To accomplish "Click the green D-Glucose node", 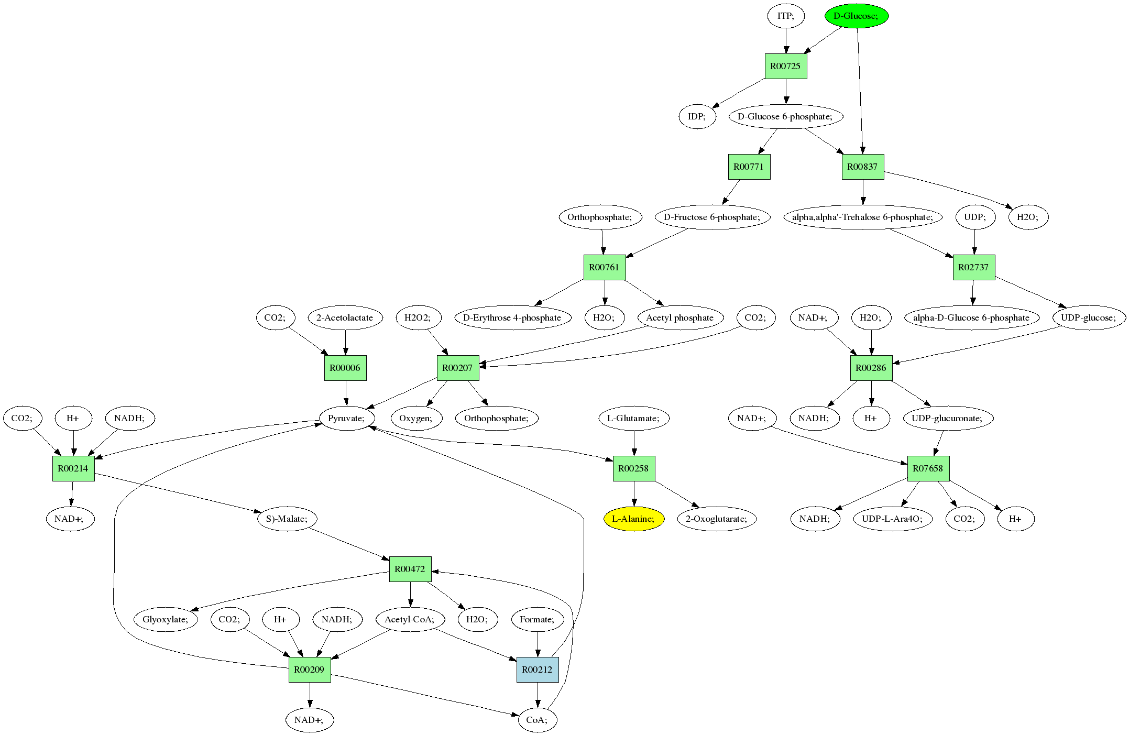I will [857, 16].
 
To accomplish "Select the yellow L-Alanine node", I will [634, 519].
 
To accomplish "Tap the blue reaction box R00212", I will [538, 670].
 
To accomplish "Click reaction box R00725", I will [786, 67].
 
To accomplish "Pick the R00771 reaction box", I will [749, 167].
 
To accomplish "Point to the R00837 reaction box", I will [863, 167].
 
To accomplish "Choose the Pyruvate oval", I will [347, 419].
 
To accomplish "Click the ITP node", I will [786, 16].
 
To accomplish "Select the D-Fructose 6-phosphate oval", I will [713, 217].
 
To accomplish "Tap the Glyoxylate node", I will [166, 620].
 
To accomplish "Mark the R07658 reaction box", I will [928, 468].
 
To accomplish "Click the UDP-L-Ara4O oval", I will [893, 519].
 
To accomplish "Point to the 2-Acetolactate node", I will [345, 318].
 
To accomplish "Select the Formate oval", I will [538, 620].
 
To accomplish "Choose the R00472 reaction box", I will [410, 569].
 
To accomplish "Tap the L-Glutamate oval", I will [634, 419].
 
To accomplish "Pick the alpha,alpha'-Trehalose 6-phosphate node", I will [863, 217].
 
